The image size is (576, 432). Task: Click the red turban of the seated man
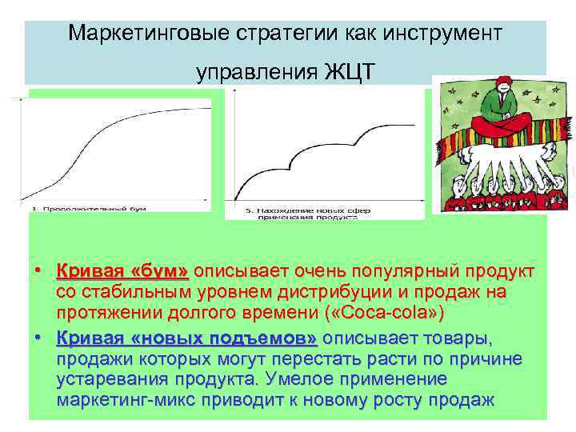pyautogui.click(x=497, y=87)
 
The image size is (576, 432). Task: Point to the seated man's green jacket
pyautogui.click(x=497, y=108)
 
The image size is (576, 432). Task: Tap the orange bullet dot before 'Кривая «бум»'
pyautogui.click(x=38, y=272)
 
